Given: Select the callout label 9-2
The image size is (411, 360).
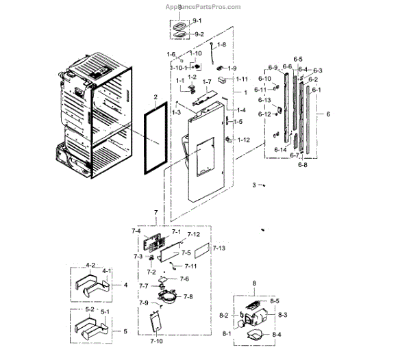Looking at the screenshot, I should coord(199,34).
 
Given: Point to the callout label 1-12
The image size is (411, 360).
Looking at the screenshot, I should coord(243,140).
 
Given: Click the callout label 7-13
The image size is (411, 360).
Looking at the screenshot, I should coord(219,248).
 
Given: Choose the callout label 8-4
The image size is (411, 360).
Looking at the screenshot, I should coord(277,335).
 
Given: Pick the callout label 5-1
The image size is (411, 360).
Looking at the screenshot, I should coord(106,310).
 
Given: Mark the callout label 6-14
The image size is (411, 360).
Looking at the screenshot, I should coord(280,149).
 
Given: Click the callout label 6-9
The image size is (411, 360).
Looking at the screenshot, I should coord(273,68).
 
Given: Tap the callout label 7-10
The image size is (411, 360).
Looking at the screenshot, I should coord(157,340).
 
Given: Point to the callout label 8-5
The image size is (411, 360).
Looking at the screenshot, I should coord(274,300).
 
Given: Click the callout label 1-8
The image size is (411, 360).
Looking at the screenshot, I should coord(221,44).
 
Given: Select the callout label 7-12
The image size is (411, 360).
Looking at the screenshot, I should coord(193,235).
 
